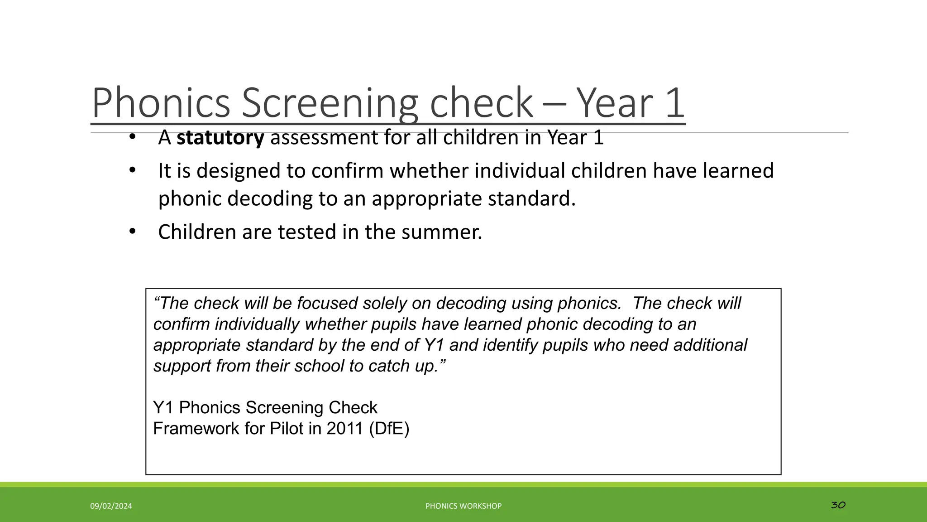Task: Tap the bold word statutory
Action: pyautogui.click(x=220, y=137)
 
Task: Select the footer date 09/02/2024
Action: pyautogui.click(x=111, y=506)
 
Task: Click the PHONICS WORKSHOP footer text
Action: pyautogui.click(x=463, y=506)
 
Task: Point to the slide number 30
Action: pyautogui.click(x=838, y=505)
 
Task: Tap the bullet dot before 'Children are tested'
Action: pyautogui.click(x=132, y=232)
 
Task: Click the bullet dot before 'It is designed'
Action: pyautogui.click(x=132, y=170)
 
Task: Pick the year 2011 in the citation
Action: pyautogui.click(x=345, y=428)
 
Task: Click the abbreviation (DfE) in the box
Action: pyautogui.click(x=389, y=428)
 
